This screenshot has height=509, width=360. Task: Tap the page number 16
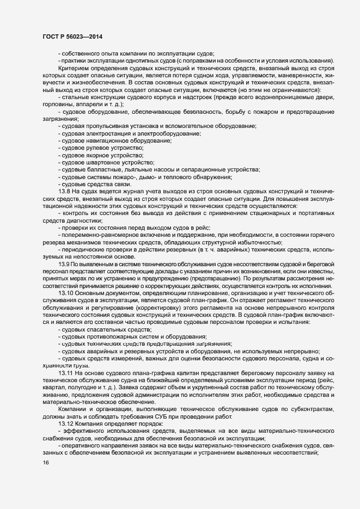(45, 462)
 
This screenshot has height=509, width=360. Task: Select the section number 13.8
(64, 191)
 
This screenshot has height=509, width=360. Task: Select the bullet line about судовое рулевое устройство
(101, 148)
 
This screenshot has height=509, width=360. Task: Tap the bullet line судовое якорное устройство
(101, 155)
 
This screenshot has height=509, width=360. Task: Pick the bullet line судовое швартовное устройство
(106, 162)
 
